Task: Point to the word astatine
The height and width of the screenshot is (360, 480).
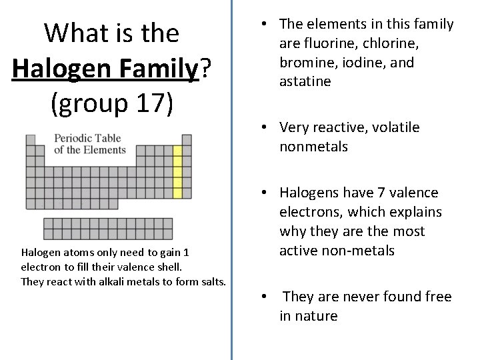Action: coord(305,82)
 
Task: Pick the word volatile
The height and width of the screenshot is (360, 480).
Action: coord(391,127)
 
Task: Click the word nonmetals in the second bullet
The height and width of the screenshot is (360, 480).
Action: coord(313,147)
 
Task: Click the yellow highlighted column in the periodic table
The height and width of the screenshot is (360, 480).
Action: coord(177,172)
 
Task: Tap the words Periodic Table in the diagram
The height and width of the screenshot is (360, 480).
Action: coord(88,139)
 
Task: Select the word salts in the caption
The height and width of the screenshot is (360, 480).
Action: coord(211,281)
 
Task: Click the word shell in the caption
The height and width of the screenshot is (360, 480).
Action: coord(166,267)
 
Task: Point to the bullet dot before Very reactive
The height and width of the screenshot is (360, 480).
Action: coord(265,127)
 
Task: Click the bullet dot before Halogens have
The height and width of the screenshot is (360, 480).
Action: coord(265,193)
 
